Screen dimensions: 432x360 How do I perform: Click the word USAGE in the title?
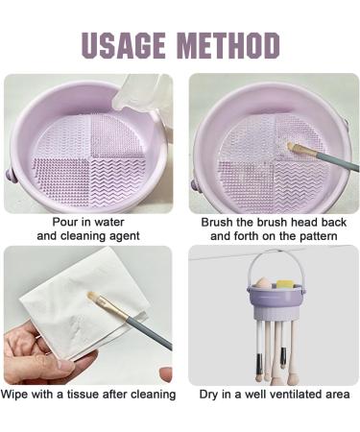click(124, 45)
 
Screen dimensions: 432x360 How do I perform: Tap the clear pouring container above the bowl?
click(139, 91)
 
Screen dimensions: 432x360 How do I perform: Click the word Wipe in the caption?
click(18, 394)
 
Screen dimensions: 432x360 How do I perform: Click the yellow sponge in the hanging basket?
click(285, 283)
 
